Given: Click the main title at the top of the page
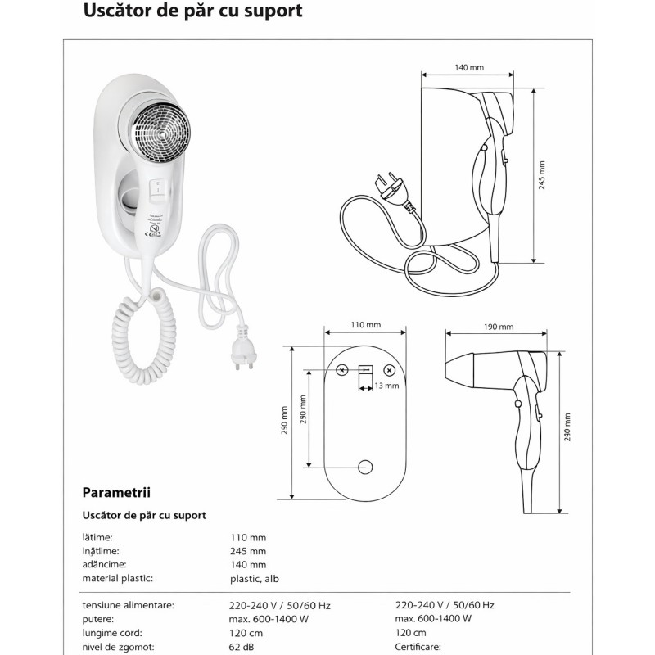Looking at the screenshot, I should [x=193, y=11].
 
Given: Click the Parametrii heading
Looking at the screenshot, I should [x=115, y=493].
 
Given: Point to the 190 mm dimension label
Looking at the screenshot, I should [x=498, y=326].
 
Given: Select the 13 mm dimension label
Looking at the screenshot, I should [x=386, y=385].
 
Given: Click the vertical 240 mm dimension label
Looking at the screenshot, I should [x=567, y=427].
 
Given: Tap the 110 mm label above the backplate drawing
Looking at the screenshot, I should [x=365, y=324].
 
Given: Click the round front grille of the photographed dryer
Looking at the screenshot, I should [x=161, y=131].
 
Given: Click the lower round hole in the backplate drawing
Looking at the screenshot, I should [x=366, y=467].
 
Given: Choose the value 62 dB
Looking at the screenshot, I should [x=242, y=646].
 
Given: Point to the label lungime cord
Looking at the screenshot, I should [x=113, y=632].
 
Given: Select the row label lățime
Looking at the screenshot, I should [x=97, y=537].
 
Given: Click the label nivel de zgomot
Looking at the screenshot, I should [x=118, y=646].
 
